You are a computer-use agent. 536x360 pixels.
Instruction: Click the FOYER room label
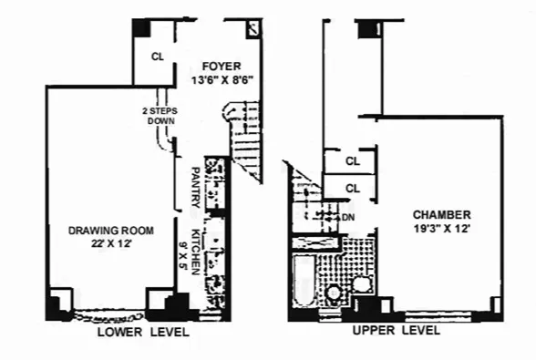[222, 66]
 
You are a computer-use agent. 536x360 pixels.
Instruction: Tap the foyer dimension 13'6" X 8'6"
[222, 79]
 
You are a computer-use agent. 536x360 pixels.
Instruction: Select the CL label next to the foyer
[158, 57]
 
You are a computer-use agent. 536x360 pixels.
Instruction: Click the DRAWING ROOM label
[111, 230]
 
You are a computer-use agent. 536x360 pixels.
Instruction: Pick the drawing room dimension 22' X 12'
[111, 244]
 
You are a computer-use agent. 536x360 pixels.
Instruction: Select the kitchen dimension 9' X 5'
[181, 249]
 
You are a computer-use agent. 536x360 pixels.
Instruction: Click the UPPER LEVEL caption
[396, 330]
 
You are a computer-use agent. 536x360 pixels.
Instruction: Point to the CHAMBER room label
[440, 215]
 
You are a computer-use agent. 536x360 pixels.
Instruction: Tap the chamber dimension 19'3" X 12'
[440, 230]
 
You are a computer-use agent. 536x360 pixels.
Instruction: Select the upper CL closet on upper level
[353, 161]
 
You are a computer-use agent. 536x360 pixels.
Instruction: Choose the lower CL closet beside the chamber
[353, 189]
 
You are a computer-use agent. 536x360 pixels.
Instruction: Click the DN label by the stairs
[347, 217]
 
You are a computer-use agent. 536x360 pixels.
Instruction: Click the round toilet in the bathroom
[335, 293]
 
